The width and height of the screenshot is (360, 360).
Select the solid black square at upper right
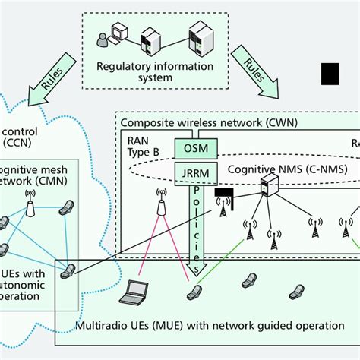point(331,74)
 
